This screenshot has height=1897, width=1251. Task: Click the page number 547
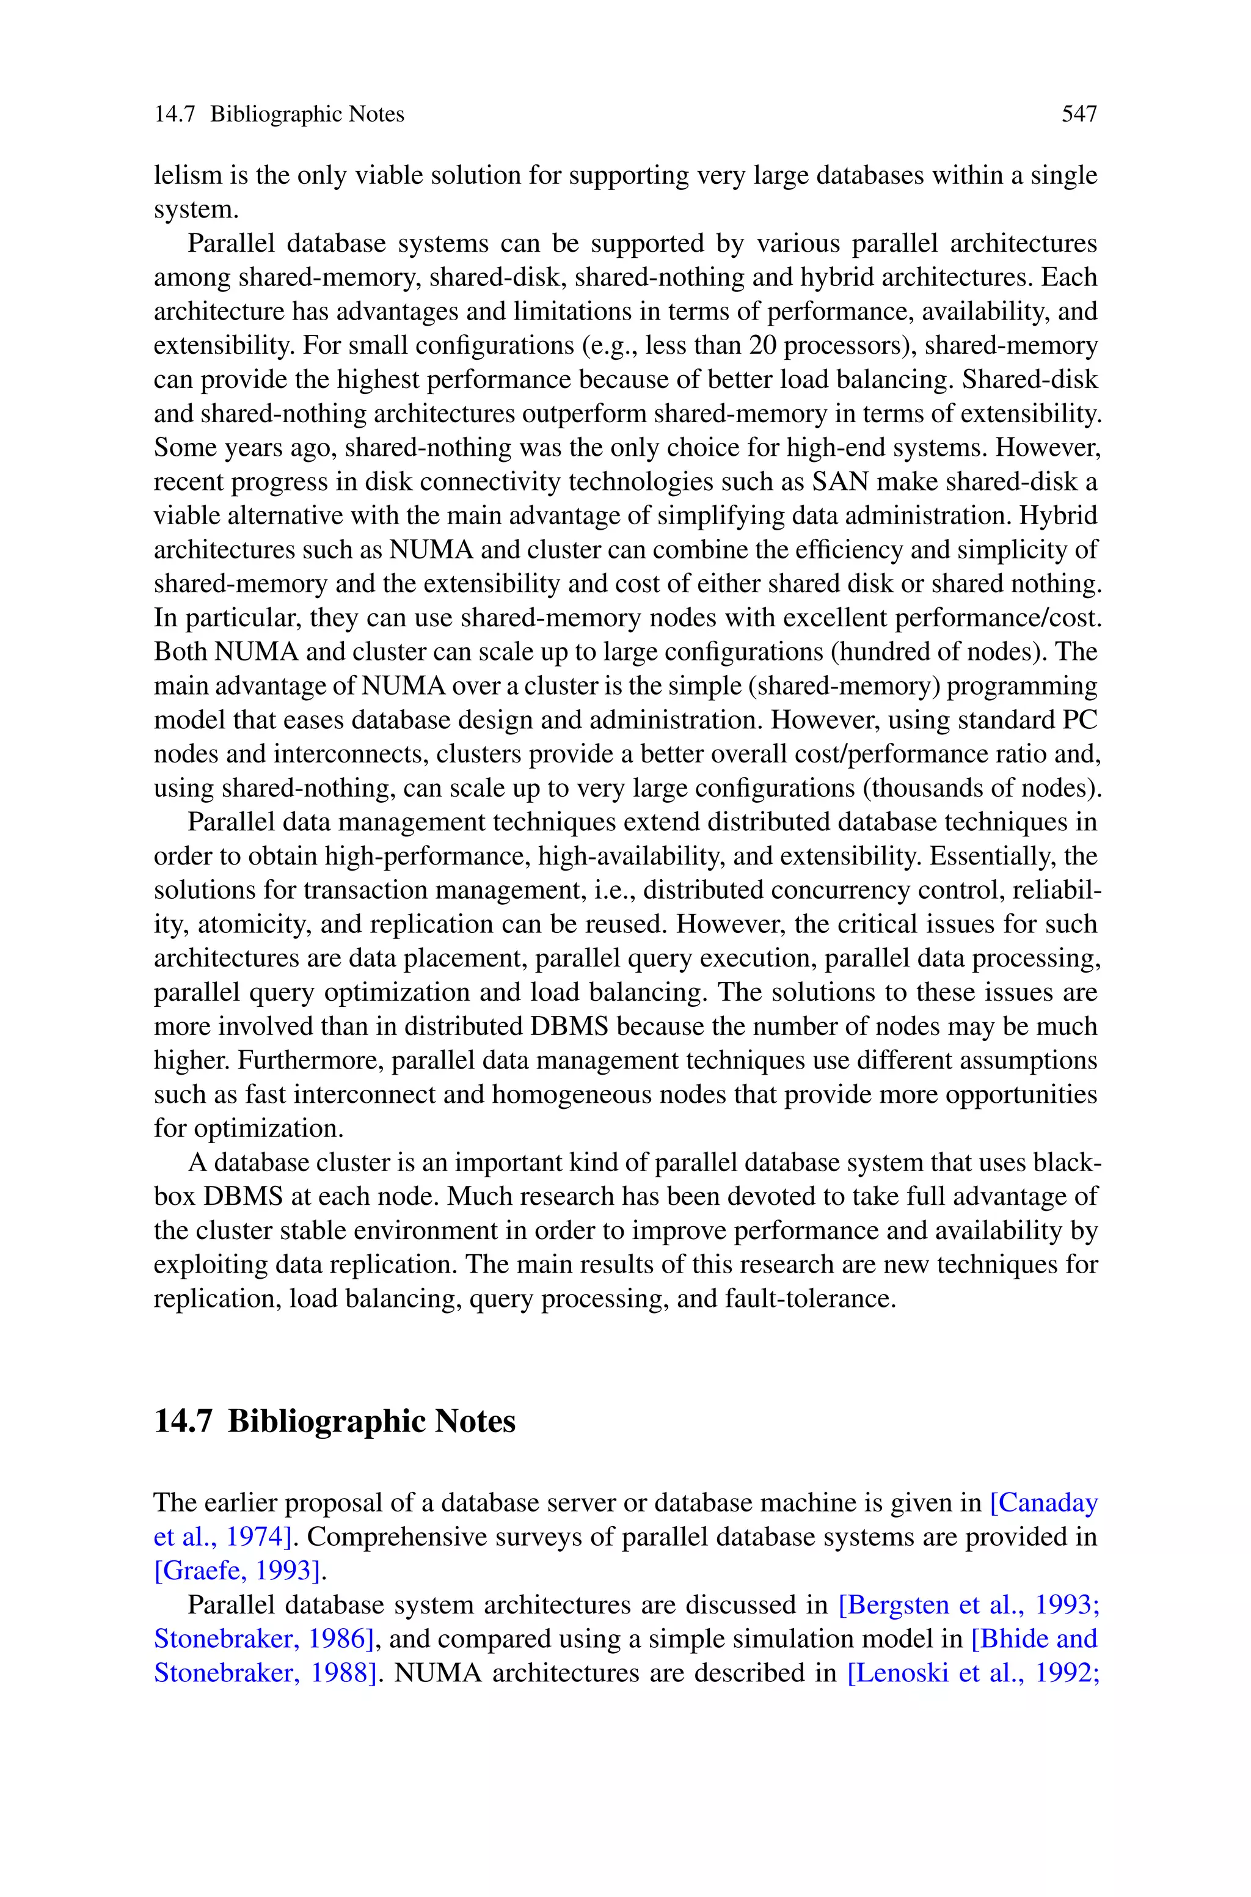1079,115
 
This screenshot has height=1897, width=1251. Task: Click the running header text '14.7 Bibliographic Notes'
279,115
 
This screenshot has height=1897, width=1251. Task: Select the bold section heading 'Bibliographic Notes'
371,1422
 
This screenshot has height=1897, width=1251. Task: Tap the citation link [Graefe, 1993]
239,1571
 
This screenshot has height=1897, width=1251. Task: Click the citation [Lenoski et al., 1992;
972,1673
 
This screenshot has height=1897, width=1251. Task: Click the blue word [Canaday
1043,1503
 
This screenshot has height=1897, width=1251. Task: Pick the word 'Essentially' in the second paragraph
993,857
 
